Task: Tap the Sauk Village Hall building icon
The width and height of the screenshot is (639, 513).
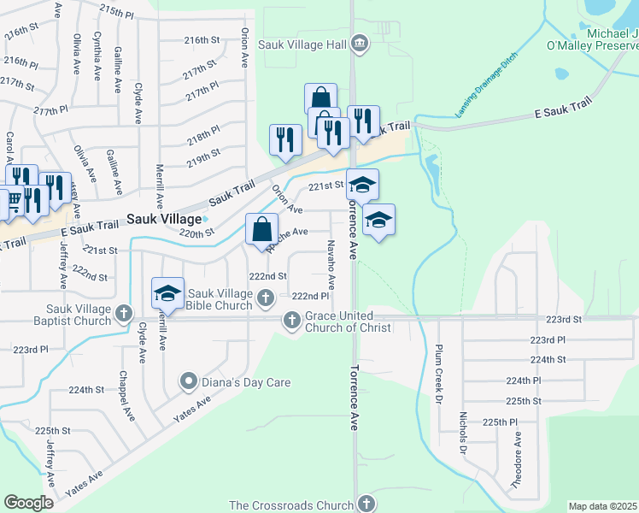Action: pos(360,44)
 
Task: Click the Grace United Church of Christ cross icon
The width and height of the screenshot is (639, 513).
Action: pos(291,320)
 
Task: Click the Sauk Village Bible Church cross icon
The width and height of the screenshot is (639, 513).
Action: pos(266,298)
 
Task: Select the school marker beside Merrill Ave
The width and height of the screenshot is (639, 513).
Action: pos(168,292)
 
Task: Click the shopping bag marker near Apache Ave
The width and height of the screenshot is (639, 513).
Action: pos(261,228)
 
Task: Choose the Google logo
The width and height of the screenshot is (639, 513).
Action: pos(28,503)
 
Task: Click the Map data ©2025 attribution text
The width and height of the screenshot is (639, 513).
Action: pos(603,506)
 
